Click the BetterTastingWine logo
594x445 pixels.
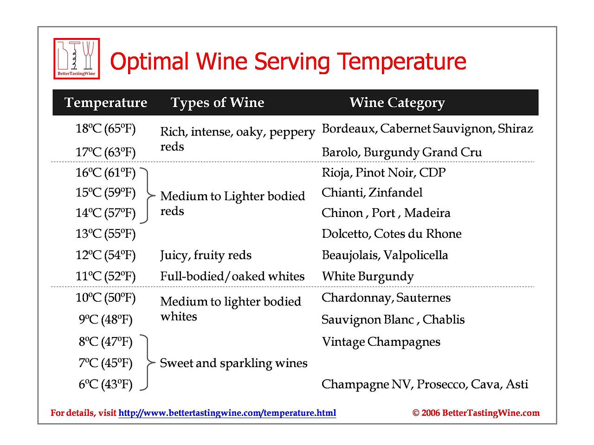point(77,58)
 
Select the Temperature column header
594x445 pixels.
point(106,102)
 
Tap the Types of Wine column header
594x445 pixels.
point(217,102)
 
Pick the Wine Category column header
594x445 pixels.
point(397,102)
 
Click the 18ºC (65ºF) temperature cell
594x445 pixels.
point(106,128)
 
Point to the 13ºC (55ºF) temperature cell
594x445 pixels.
point(106,234)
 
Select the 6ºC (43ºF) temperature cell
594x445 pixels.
point(106,384)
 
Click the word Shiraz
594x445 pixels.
point(515,128)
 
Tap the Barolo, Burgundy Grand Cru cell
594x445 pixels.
point(402,152)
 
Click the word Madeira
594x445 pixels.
point(427,213)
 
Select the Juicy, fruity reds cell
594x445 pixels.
point(206,255)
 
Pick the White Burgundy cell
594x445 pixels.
point(368,276)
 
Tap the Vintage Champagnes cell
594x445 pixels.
point(381,342)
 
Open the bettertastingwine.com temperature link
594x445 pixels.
point(227,413)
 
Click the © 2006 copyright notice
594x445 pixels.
point(476,413)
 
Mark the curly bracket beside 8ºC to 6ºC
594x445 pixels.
point(147,362)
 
